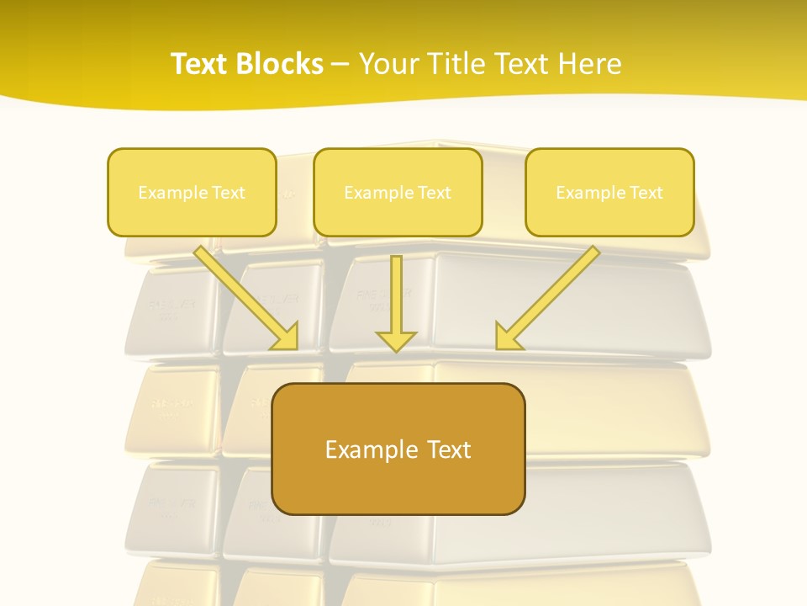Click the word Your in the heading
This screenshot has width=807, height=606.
(391, 64)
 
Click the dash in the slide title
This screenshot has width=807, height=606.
(340, 65)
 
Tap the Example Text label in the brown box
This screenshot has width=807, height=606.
(398, 449)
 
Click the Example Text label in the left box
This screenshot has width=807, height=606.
(192, 193)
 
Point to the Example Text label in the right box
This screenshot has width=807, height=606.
(609, 193)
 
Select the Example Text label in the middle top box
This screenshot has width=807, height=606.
(398, 193)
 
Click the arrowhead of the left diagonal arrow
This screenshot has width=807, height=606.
(287, 338)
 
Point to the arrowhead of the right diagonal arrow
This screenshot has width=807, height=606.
(507, 338)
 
